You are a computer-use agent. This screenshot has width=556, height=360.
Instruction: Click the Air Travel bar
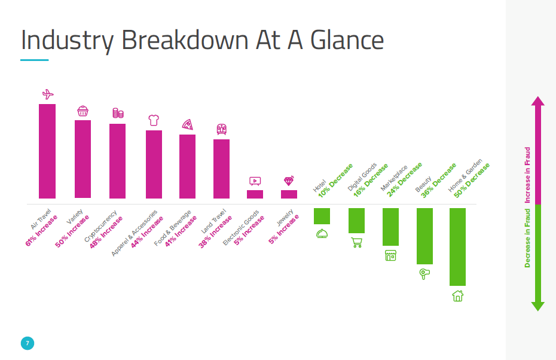pos(47,151)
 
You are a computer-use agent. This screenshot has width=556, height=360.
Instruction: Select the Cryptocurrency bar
pos(117,161)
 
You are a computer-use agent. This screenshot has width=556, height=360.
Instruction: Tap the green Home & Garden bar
pos(457,246)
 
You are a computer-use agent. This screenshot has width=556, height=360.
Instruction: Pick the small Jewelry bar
pos(289,194)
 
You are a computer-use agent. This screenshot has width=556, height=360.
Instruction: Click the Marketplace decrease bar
pos(390,227)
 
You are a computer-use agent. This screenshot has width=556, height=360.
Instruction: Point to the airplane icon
pos(48,94)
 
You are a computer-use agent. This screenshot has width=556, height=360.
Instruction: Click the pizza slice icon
pos(188,124)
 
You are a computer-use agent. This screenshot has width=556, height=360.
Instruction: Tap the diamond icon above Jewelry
pos(289,181)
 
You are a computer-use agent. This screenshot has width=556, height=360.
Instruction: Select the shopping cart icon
pos(356,242)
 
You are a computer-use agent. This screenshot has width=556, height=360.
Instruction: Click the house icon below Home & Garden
pos(457,295)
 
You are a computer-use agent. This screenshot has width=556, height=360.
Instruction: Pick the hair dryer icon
pos(424,274)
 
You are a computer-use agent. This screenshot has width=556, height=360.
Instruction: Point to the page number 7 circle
pos(27,343)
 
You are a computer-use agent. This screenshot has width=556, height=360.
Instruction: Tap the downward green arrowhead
pos(537,306)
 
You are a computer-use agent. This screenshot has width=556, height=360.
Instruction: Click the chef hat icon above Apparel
pos(154,120)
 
